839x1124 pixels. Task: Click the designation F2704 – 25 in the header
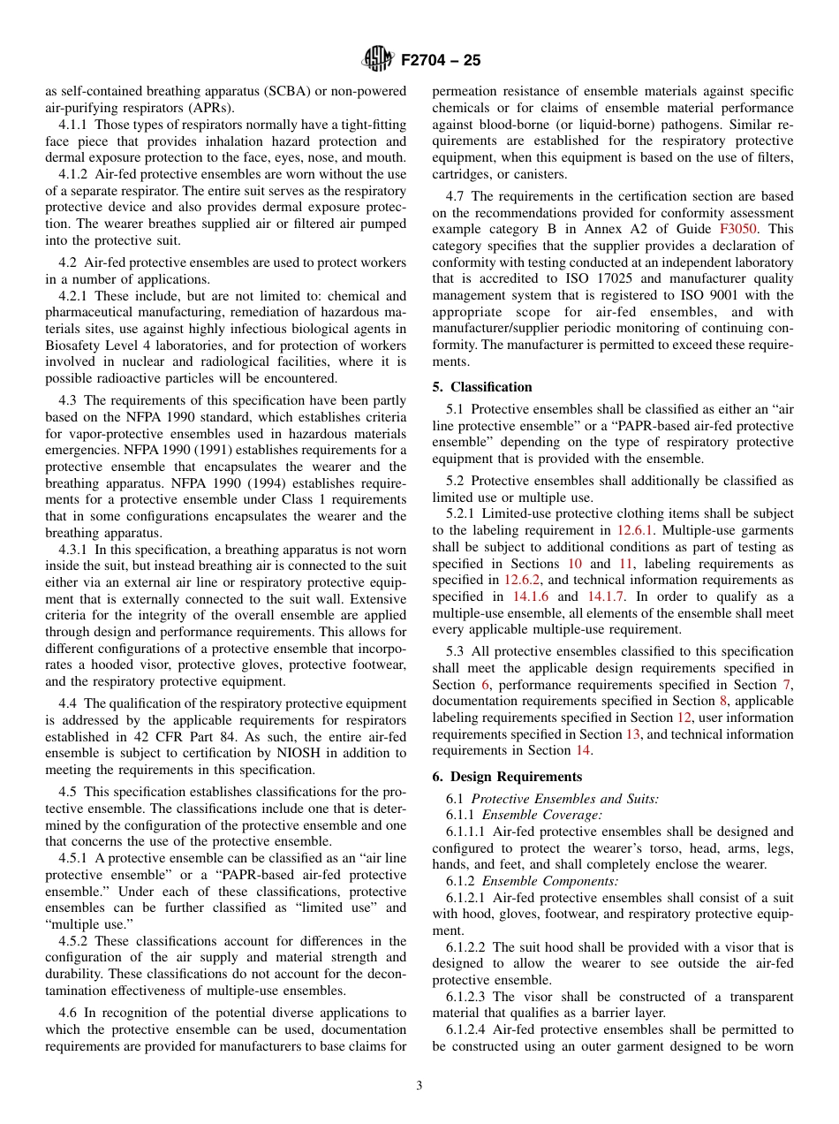[441, 61]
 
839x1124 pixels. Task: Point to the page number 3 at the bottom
[419, 1085]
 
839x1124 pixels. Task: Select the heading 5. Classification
[482, 387]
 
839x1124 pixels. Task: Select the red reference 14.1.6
[530, 596]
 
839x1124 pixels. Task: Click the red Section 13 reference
[633, 733]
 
